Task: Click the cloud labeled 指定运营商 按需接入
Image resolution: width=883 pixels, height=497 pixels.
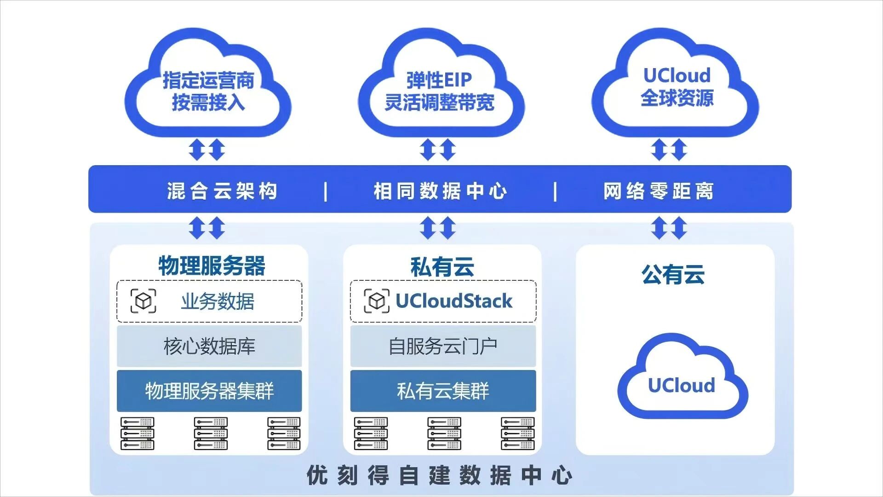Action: coord(208,91)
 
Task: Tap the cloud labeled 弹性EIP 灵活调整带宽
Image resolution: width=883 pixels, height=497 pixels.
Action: coord(440,91)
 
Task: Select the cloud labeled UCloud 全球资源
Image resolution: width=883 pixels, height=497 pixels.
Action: coord(677,87)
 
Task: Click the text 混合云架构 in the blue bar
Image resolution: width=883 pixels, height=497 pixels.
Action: coord(222,191)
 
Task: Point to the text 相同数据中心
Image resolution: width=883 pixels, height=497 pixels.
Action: coord(440,191)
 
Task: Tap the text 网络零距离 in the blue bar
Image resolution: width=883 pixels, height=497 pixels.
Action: coord(658,191)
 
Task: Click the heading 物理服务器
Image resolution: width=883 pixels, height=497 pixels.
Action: coord(212,266)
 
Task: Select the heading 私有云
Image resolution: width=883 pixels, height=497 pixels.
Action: coord(442,267)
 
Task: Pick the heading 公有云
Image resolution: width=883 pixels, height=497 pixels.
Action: coord(673,275)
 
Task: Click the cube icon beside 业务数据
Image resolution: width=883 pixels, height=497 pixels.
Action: coord(143,301)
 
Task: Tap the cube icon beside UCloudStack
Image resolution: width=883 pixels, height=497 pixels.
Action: coord(377,301)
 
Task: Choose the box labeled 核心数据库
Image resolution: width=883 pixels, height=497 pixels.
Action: coord(209,346)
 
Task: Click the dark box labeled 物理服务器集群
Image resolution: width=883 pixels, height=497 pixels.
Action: coord(209,391)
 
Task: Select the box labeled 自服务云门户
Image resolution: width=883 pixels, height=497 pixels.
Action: coord(443,346)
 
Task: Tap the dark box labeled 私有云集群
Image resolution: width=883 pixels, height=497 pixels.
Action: coord(443,391)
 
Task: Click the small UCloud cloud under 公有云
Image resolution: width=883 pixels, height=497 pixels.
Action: coord(682,382)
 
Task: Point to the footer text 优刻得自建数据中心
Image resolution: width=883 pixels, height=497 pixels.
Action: coord(439,475)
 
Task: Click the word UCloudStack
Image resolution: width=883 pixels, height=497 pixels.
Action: coord(453,301)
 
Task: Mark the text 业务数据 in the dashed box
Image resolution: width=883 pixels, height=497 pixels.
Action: coord(218,301)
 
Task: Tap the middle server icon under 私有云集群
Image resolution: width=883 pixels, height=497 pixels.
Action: coord(444,433)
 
